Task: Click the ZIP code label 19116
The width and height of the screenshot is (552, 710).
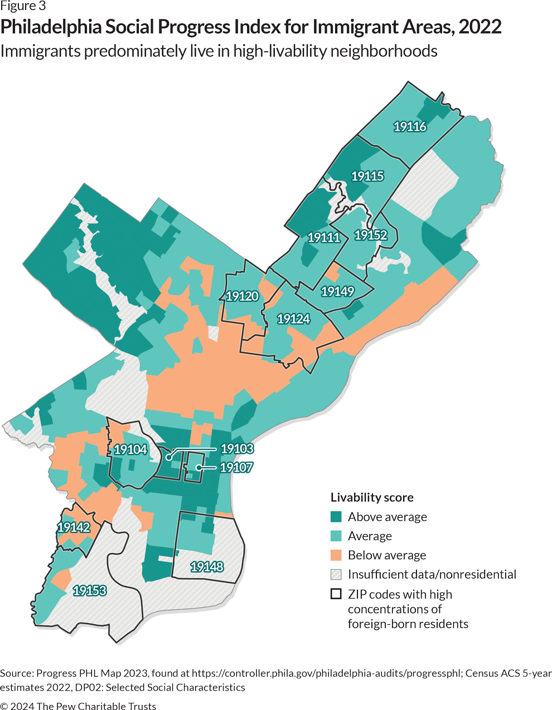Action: pyautogui.click(x=410, y=126)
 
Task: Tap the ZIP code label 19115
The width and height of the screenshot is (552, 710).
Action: pyautogui.click(x=367, y=176)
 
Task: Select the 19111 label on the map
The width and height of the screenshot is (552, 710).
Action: pyautogui.click(x=324, y=237)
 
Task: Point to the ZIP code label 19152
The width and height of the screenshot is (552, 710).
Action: pyautogui.click(x=371, y=235)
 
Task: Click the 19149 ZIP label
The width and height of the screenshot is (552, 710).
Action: pyautogui.click(x=337, y=291)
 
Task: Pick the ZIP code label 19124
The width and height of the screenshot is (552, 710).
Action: pyautogui.click(x=293, y=319)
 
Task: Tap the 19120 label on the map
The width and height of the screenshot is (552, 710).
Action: pyautogui.click(x=242, y=296)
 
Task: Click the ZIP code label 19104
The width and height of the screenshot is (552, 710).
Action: pyautogui.click(x=130, y=449)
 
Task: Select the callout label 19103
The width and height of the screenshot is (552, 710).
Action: pyautogui.click(x=237, y=448)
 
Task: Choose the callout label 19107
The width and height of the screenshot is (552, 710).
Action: pyautogui.click(x=236, y=467)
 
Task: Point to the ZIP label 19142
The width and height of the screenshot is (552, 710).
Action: pyautogui.click(x=74, y=527)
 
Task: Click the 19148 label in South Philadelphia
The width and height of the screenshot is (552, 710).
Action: pyautogui.click(x=207, y=566)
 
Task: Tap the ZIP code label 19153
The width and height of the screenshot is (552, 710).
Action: pyautogui.click(x=89, y=590)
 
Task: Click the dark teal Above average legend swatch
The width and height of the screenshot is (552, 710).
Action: pyautogui.click(x=336, y=517)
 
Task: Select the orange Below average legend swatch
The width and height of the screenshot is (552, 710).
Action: pyautogui.click(x=336, y=555)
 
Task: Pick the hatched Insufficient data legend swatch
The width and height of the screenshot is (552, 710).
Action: pyautogui.click(x=336, y=574)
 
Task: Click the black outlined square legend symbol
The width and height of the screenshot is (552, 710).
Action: pyautogui.click(x=336, y=594)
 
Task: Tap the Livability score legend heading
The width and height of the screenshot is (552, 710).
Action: pyautogui.click(x=372, y=497)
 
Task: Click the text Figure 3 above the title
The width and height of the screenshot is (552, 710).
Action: pyautogui.click(x=23, y=7)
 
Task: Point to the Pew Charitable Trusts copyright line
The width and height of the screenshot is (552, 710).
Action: pyautogui.click(x=78, y=706)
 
